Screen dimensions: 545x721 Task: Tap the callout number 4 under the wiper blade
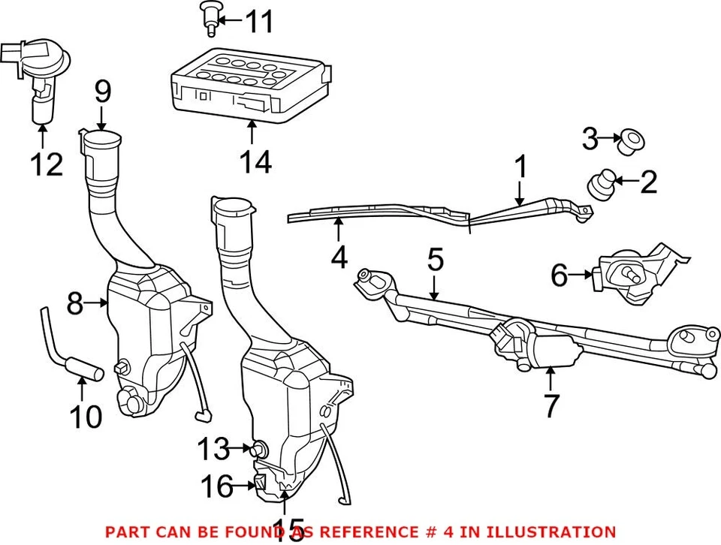pos(339,257)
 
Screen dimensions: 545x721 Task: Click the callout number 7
pos(551,405)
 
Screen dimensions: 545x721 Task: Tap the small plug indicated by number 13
pos(261,450)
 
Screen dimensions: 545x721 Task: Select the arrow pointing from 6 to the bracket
pos(583,276)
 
